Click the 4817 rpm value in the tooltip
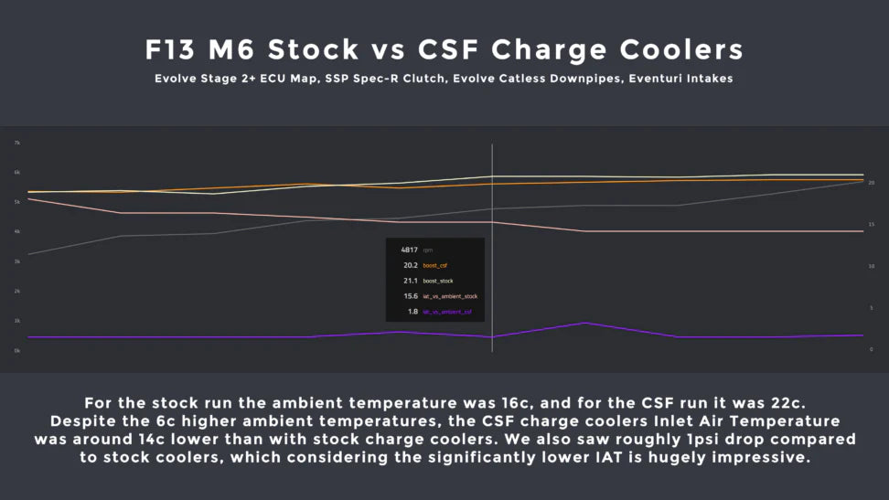click(x=409, y=250)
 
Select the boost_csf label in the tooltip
click(x=435, y=265)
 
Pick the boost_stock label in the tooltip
click(x=437, y=281)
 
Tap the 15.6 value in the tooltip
click(x=411, y=296)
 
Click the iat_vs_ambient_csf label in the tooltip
click(x=447, y=312)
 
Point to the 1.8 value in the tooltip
click(x=412, y=312)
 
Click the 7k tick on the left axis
click(x=16, y=143)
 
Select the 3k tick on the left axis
click(x=16, y=261)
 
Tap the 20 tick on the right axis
click(x=871, y=183)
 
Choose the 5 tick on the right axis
click(x=871, y=308)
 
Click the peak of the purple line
click(x=585, y=323)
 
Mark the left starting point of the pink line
click(x=29, y=198)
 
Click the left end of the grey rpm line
click(x=29, y=254)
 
